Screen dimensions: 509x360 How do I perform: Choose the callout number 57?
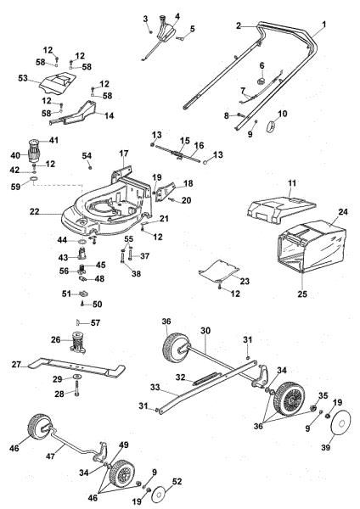(96, 322)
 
